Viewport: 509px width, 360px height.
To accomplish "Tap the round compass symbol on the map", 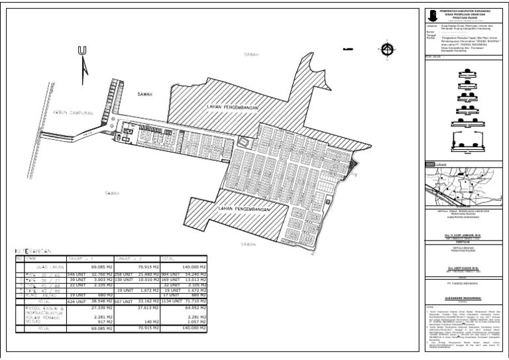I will [x=387, y=48].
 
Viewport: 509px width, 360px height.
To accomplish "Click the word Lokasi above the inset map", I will [x=441, y=164].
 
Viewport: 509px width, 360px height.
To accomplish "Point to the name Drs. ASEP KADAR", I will [x=467, y=269].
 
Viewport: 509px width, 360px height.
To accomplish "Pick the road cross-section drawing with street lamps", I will [x=467, y=137].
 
